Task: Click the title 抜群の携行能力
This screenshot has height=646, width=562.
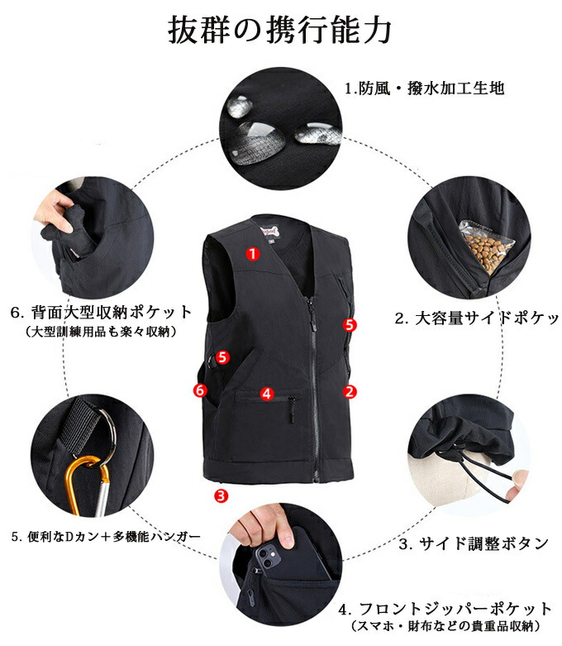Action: [x=279, y=30]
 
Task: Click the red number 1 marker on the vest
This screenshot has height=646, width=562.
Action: [x=253, y=253]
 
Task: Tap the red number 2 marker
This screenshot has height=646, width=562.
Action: [x=350, y=391]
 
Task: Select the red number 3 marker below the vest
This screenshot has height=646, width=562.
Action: [x=221, y=495]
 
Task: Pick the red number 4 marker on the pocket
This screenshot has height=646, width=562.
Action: [x=267, y=394]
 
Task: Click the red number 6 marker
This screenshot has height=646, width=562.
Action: [x=200, y=390]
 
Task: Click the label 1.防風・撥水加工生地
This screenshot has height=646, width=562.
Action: [x=424, y=89]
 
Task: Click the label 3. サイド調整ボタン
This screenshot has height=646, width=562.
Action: [x=474, y=543]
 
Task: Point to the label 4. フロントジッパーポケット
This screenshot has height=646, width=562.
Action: [x=445, y=608]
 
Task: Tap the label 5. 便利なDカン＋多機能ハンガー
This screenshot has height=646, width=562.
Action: [x=106, y=537]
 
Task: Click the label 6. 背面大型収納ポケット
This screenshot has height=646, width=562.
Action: [x=102, y=313]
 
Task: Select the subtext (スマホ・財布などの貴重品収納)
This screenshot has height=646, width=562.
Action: [x=445, y=626]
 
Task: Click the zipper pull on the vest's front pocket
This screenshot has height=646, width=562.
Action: [x=292, y=408]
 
